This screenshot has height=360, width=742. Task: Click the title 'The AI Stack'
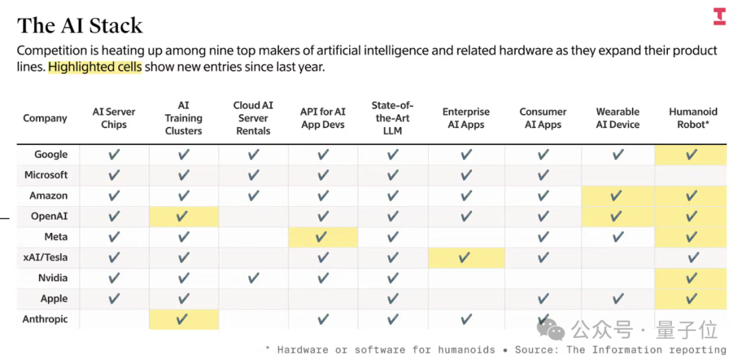(80, 25)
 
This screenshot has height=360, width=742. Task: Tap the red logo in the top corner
(719, 16)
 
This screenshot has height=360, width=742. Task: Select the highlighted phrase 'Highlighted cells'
(95, 67)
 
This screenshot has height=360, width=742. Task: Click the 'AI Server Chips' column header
(114, 118)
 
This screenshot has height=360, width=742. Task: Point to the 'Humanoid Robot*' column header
(693, 118)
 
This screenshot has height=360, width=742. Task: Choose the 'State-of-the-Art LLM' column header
(392, 118)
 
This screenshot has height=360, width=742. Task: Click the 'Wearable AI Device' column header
(618, 118)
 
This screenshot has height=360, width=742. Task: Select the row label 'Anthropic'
(45, 319)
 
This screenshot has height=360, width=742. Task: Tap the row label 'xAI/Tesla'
(45, 258)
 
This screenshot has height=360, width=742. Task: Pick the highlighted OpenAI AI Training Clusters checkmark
(183, 216)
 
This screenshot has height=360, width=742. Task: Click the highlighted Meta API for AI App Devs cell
(323, 237)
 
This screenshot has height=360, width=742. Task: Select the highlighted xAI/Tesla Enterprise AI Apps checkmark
(465, 258)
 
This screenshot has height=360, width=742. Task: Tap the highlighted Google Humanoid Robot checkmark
(692, 155)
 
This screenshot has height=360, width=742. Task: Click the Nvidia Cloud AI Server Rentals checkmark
(254, 278)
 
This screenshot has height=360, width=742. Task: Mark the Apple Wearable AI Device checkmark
(618, 299)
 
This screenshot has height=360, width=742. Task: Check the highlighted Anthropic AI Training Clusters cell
(183, 319)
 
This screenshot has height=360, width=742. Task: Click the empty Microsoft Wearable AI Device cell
(618, 175)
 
